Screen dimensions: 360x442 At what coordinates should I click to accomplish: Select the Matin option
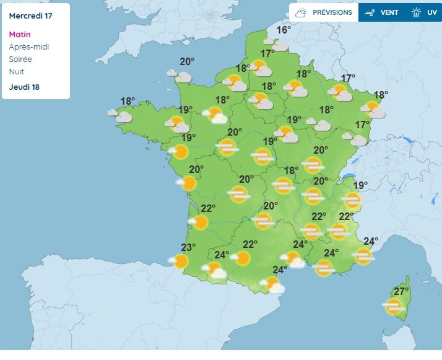point(20,35)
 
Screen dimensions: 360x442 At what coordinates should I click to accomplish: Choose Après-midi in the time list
point(28,47)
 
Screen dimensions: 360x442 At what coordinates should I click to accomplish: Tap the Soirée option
point(20,59)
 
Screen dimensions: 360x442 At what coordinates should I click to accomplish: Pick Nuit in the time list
point(16,72)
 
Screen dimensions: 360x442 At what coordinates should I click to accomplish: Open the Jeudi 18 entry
point(24,87)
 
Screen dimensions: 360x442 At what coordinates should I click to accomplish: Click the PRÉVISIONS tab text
point(332,12)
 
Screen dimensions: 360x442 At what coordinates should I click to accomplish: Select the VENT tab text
point(389,12)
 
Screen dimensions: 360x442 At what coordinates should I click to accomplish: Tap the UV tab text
point(431,12)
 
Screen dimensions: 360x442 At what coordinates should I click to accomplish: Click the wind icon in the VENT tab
point(370,12)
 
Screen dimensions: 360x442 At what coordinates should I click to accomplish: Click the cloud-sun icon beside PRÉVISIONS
point(301,12)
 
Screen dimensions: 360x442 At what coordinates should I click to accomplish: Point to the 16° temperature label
point(284,30)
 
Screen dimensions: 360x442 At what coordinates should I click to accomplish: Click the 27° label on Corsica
point(402,292)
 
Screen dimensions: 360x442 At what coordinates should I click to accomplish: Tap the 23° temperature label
point(188,247)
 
